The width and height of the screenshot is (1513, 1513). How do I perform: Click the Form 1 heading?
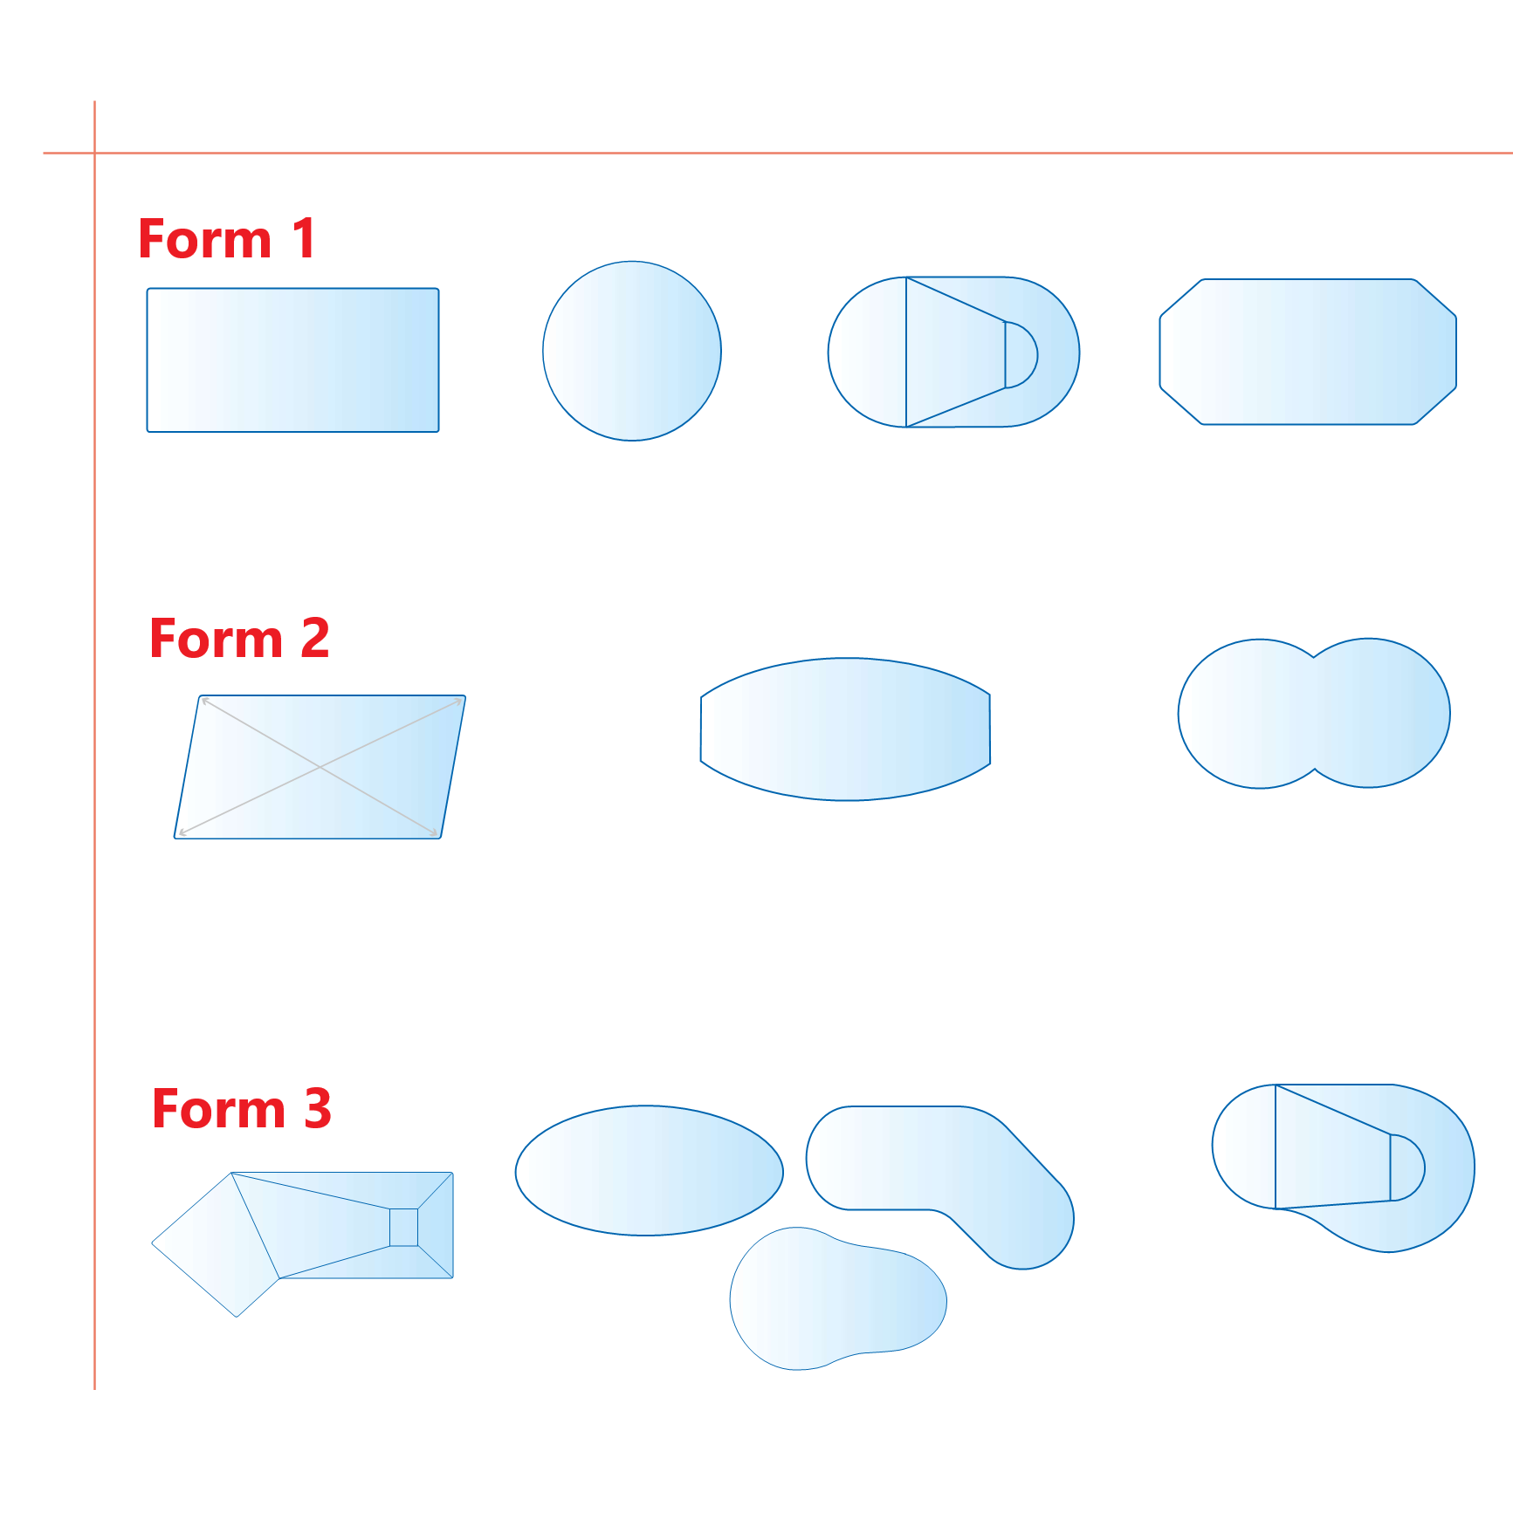(227, 239)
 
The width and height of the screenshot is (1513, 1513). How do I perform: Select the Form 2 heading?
(239, 638)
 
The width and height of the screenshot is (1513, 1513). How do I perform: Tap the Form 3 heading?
(242, 1108)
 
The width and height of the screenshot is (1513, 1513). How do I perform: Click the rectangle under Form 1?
(292, 359)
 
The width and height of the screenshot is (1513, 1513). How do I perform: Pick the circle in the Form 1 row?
(632, 351)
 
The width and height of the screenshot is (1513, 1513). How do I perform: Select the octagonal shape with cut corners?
(1308, 352)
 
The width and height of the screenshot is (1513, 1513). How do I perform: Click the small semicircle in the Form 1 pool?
(1021, 354)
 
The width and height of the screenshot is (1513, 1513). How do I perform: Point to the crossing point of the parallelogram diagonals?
(320, 767)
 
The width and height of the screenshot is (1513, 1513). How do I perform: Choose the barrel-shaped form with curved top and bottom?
(845, 729)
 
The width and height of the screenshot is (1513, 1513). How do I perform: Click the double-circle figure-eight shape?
(1314, 713)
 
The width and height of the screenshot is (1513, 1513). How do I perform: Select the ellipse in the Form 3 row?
(649, 1170)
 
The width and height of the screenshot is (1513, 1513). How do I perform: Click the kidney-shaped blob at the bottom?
(838, 1298)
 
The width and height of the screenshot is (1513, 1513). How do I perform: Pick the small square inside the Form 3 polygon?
(403, 1227)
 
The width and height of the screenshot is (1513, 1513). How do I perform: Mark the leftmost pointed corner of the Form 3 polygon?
(152, 1243)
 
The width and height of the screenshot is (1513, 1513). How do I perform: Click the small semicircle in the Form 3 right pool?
(1406, 1167)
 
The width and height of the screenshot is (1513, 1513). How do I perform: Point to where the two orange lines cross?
(94, 153)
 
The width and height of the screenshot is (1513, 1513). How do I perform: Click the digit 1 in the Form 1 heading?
(304, 238)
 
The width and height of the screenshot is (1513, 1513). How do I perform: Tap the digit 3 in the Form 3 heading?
(318, 1108)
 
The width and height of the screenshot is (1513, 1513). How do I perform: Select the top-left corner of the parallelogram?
(202, 696)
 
